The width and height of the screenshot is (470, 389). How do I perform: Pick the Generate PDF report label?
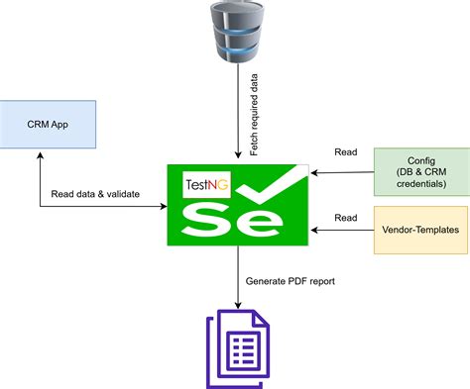(x=289, y=280)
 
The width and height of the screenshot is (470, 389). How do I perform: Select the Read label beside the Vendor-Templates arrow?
(x=345, y=217)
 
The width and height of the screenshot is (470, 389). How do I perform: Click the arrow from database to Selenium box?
(x=237, y=109)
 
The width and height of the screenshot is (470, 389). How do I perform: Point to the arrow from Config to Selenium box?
(x=342, y=171)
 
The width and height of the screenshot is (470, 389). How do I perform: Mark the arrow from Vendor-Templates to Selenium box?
(x=342, y=231)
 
